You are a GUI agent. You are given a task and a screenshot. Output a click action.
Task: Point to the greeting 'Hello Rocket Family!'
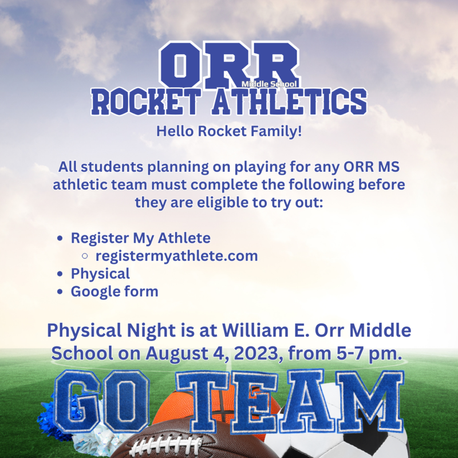[229, 131]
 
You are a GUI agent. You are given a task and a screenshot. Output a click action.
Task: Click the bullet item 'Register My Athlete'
[140, 238]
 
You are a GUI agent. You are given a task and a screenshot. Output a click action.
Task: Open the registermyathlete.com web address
[176, 255]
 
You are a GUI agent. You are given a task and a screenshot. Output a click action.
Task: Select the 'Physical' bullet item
[100, 274]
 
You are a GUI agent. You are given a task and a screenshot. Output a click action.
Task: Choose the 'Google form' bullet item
[114, 291]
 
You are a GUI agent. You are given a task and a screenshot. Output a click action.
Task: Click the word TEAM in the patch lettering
[289, 401]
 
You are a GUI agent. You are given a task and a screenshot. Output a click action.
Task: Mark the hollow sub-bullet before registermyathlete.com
[85, 256]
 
